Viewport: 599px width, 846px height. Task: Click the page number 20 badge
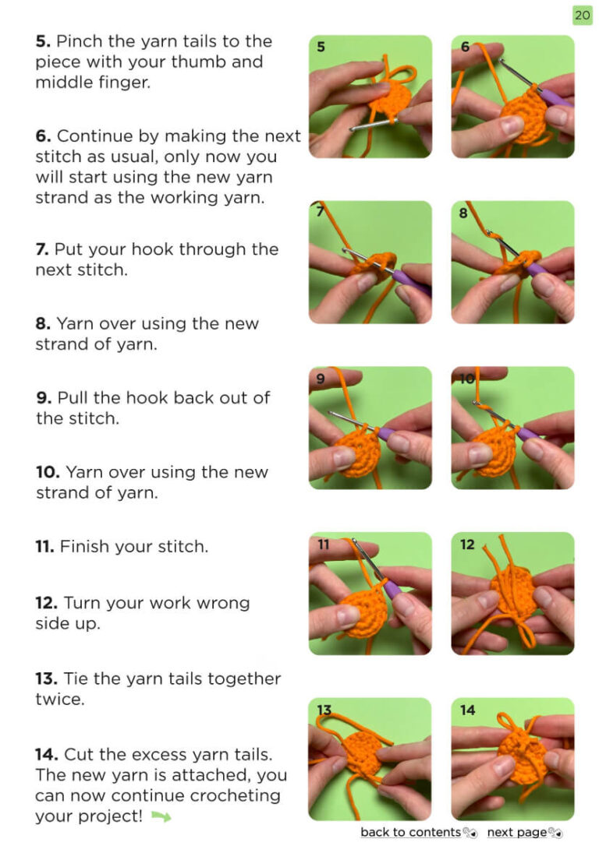pyautogui.click(x=583, y=15)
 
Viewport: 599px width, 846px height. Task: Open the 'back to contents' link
pyautogui.click(x=410, y=832)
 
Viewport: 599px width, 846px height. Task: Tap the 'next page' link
pyautogui.click(x=517, y=832)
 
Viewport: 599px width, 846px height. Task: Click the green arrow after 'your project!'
pyautogui.click(x=161, y=816)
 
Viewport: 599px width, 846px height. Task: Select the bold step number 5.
pyautogui.click(x=43, y=41)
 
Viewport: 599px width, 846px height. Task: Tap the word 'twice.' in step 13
pyautogui.click(x=60, y=700)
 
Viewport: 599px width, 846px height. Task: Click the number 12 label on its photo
pyautogui.click(x=467, y=545)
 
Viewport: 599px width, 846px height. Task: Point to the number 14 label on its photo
pyautogui.click(x=468, y=710)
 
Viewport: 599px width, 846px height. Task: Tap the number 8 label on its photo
pyautogui.click(x=463, y=213)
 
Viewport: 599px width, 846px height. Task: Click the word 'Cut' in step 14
pyautogui.click(x=78, y=754)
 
